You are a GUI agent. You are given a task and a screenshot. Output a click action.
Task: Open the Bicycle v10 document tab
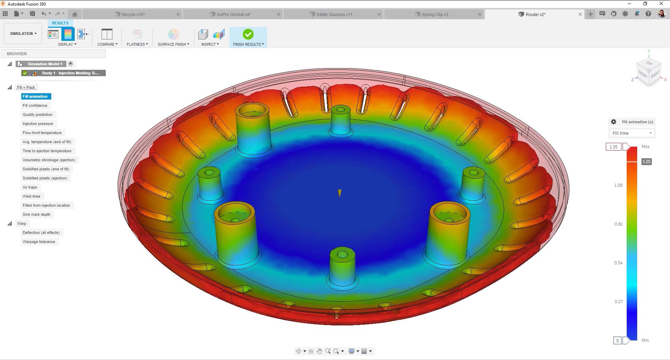pos(133,14)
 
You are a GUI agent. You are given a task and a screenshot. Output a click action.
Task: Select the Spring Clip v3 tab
pos(434,14)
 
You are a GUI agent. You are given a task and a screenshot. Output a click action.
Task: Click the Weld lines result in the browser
pos(31,196)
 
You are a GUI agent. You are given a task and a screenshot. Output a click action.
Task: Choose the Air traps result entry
pos(30,187)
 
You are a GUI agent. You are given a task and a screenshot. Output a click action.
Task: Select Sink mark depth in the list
pos(36,214)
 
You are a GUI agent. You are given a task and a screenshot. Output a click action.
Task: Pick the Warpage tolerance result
pos(39,242)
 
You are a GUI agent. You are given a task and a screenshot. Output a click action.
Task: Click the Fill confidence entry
pos(35,105)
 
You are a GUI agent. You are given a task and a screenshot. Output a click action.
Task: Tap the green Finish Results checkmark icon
pos(248,34)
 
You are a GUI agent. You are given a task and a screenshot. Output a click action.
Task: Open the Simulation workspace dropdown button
pos(23,34)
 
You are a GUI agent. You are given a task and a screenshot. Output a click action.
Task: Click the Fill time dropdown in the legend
pos(632,133)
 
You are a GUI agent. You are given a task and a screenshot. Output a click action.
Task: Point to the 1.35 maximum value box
pos(613,147)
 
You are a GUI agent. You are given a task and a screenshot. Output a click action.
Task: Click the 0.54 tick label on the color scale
pos(618,263)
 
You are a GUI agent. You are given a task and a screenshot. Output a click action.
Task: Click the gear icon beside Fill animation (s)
pos(613,122)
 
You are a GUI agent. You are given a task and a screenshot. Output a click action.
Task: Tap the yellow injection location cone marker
pos(339,193)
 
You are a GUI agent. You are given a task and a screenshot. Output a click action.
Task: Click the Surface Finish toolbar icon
pos(173,34)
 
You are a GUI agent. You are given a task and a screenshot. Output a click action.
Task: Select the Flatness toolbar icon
pos(137,34)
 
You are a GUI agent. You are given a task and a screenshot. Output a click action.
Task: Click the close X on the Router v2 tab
pos(580,14)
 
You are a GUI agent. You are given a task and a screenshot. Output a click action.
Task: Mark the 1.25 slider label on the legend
pos(646,161)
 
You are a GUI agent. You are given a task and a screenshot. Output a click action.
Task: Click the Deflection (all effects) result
pos(41,233)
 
